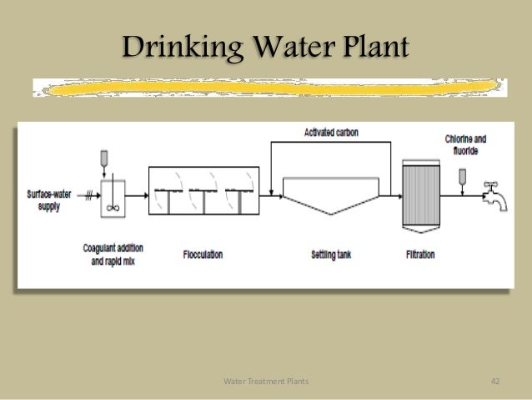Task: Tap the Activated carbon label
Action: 333,133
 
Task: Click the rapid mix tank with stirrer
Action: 113,200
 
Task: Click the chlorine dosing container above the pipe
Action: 461,176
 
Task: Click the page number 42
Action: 494,382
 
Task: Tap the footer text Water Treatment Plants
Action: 266,382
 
